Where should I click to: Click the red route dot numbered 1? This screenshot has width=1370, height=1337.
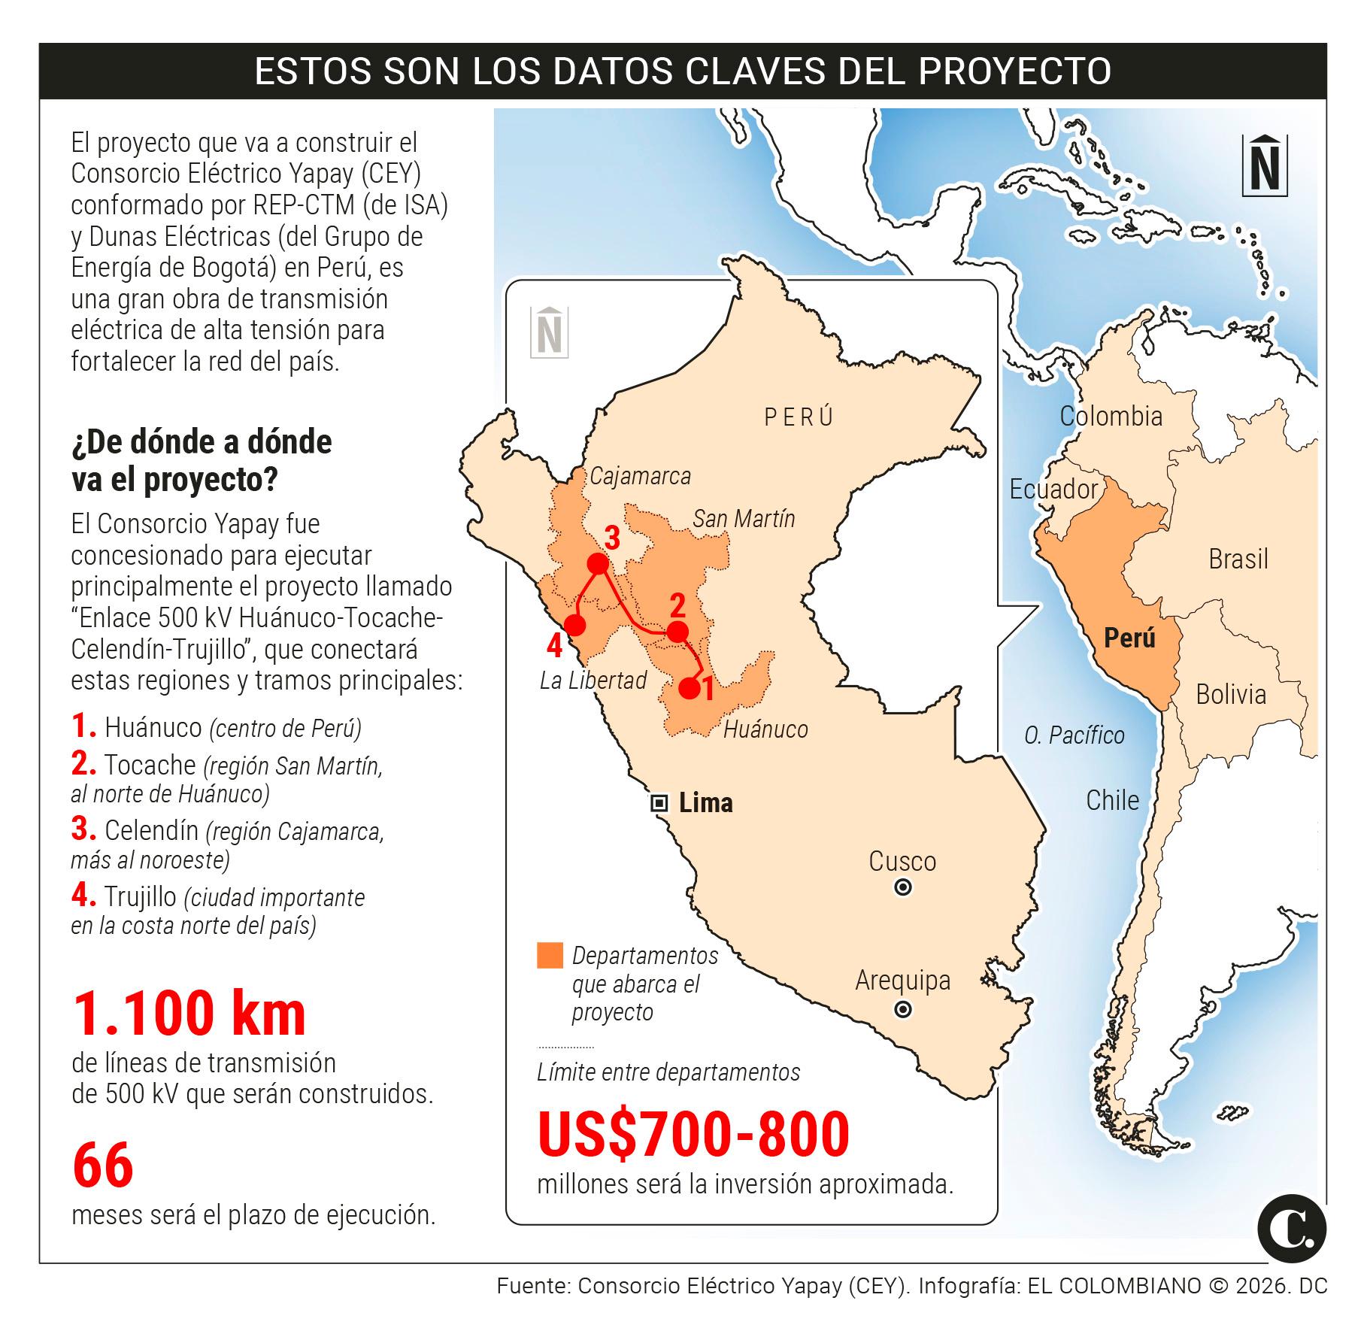pos(689,688)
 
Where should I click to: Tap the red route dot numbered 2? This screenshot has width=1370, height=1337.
pos(677,632)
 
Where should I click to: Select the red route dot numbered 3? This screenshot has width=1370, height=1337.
pos(598,564)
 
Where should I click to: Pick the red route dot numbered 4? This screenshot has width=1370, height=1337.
pos(575,625)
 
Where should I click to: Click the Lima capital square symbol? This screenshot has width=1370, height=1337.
pos(659,803)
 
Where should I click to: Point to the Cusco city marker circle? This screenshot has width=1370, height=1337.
pos(903,888)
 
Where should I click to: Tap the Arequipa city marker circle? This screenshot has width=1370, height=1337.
pos(903,1009)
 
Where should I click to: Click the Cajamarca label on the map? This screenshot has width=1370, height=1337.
pos(640,476)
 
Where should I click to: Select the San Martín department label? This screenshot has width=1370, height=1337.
pos(743,518)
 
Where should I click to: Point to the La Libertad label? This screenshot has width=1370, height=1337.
pos(593,681)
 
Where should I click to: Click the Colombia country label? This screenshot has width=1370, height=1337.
pos(1111,416)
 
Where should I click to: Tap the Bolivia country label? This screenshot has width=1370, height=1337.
pos(1231,694)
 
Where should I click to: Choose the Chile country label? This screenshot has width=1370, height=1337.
pos(1112,800)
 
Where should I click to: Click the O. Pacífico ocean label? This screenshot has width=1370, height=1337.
pos(1074,735)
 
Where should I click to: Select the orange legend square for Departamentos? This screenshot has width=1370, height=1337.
pos(550,955)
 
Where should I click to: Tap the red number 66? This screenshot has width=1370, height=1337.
pos(103,1165)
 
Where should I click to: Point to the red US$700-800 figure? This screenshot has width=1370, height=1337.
pos(693,1135)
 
